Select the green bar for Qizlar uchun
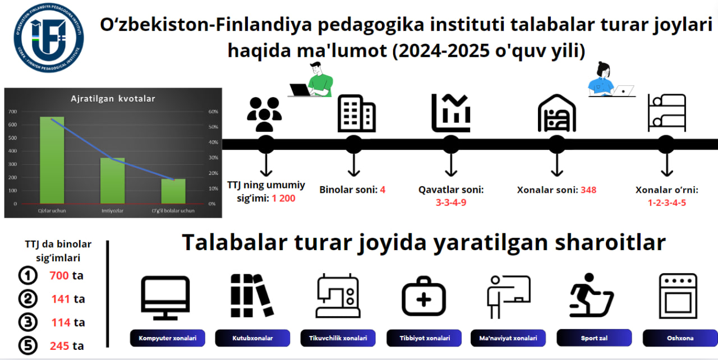[52, 160]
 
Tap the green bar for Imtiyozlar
[112, 181]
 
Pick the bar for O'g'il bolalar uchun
[173, 191]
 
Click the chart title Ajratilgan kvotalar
[113, 99]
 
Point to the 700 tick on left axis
[12, 112]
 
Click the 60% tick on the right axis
[213, 112]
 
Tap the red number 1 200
[284, 199]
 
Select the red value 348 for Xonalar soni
[588, 190]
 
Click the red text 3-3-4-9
[450, 202]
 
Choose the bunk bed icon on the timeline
[666, 113]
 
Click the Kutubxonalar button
[252, 338]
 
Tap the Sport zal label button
[594, 338]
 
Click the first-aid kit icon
[424, 298]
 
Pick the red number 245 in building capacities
[59, 346]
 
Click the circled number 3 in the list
[27, 322]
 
